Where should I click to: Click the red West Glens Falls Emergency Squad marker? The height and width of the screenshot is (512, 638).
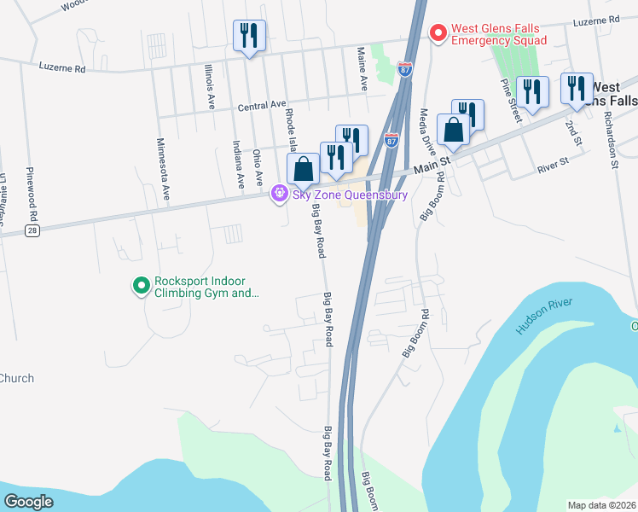pyautogui.click(x=438, y=33)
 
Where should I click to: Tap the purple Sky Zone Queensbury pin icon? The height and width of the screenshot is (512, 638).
pyautogui.click(x=278, y=195)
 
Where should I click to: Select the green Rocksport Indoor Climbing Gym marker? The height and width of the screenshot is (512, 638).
pyautogui.click(x=141, y=286)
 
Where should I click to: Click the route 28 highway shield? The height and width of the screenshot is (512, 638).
pyautogui.click(x=32, y=231)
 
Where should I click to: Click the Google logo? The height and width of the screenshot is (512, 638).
pyautogui.click(x=30, y=502)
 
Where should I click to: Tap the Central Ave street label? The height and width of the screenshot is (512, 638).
pyautogui.click(x=262, y=105)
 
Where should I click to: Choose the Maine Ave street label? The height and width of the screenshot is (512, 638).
pyautogui.click(x=362, y=70)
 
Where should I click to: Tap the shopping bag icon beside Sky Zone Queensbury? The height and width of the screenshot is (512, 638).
pyautogui.click(x=303, y=171)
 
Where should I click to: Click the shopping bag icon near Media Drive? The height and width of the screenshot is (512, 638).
pyautogui.click(x=453, y=131)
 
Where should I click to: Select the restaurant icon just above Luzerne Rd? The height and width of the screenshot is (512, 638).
pyautogui.click(x=249, y=36)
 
